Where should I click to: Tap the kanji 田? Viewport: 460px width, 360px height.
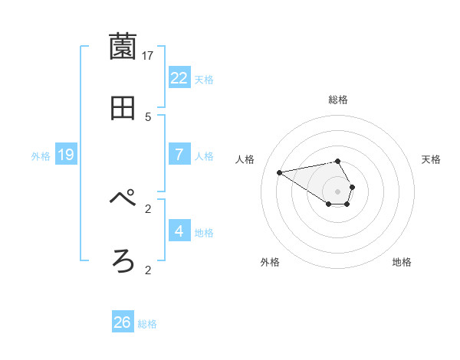coord(123,109)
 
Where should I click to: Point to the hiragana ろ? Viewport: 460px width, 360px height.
coord(123,262)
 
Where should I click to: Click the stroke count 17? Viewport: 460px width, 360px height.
coord(148,55)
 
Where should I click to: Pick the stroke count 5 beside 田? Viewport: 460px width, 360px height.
coord(148,116)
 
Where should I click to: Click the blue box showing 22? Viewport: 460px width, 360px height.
coord(179,77)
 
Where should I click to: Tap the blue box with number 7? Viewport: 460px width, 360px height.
coord(179,154)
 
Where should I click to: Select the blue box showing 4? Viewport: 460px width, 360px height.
coord(179,231)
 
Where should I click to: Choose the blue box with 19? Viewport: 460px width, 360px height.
coord(66,155)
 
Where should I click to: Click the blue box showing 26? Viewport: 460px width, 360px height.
coord(123,322)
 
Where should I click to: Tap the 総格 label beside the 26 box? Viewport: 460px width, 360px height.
coord(147,324)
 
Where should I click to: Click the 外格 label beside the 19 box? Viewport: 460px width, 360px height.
coord(41,156)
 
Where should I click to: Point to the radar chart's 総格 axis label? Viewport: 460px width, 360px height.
coord(338,100)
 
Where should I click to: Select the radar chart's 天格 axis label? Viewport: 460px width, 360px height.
coord(432,159)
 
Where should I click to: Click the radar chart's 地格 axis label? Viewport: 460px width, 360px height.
coord(402,262)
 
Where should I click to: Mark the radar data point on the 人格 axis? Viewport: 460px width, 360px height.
coord(280,172)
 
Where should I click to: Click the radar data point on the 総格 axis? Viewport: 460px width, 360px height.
coord(338,161)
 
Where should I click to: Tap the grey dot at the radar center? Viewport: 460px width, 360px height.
coord(338,191)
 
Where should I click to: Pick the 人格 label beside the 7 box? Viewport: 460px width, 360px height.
coord(204,156)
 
